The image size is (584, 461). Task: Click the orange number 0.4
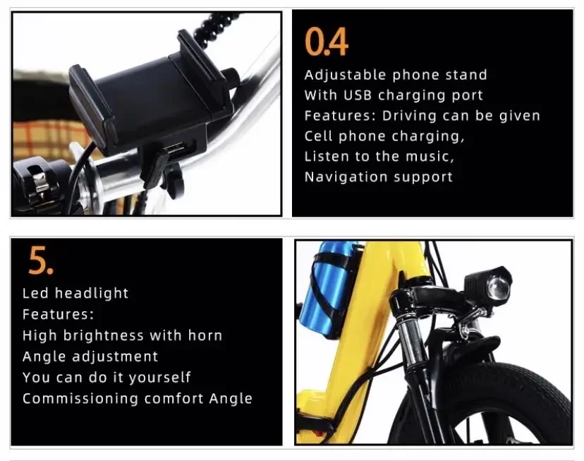(x=327, y=42)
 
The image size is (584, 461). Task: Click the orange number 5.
(x=41, y=260)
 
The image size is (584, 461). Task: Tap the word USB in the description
(x=358, y=95)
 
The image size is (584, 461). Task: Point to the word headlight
(x=92, y=293)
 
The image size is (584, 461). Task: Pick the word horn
(x=205, y=335)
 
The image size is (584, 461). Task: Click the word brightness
(x=103, y=336)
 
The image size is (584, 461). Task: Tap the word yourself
(x=159, y=378)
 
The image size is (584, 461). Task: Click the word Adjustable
(x=345, y=76)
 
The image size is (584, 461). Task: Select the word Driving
(x=409, y=116)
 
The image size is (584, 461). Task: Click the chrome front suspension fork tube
(x=412, y=343)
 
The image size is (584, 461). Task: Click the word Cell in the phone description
(x=318, y=136)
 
